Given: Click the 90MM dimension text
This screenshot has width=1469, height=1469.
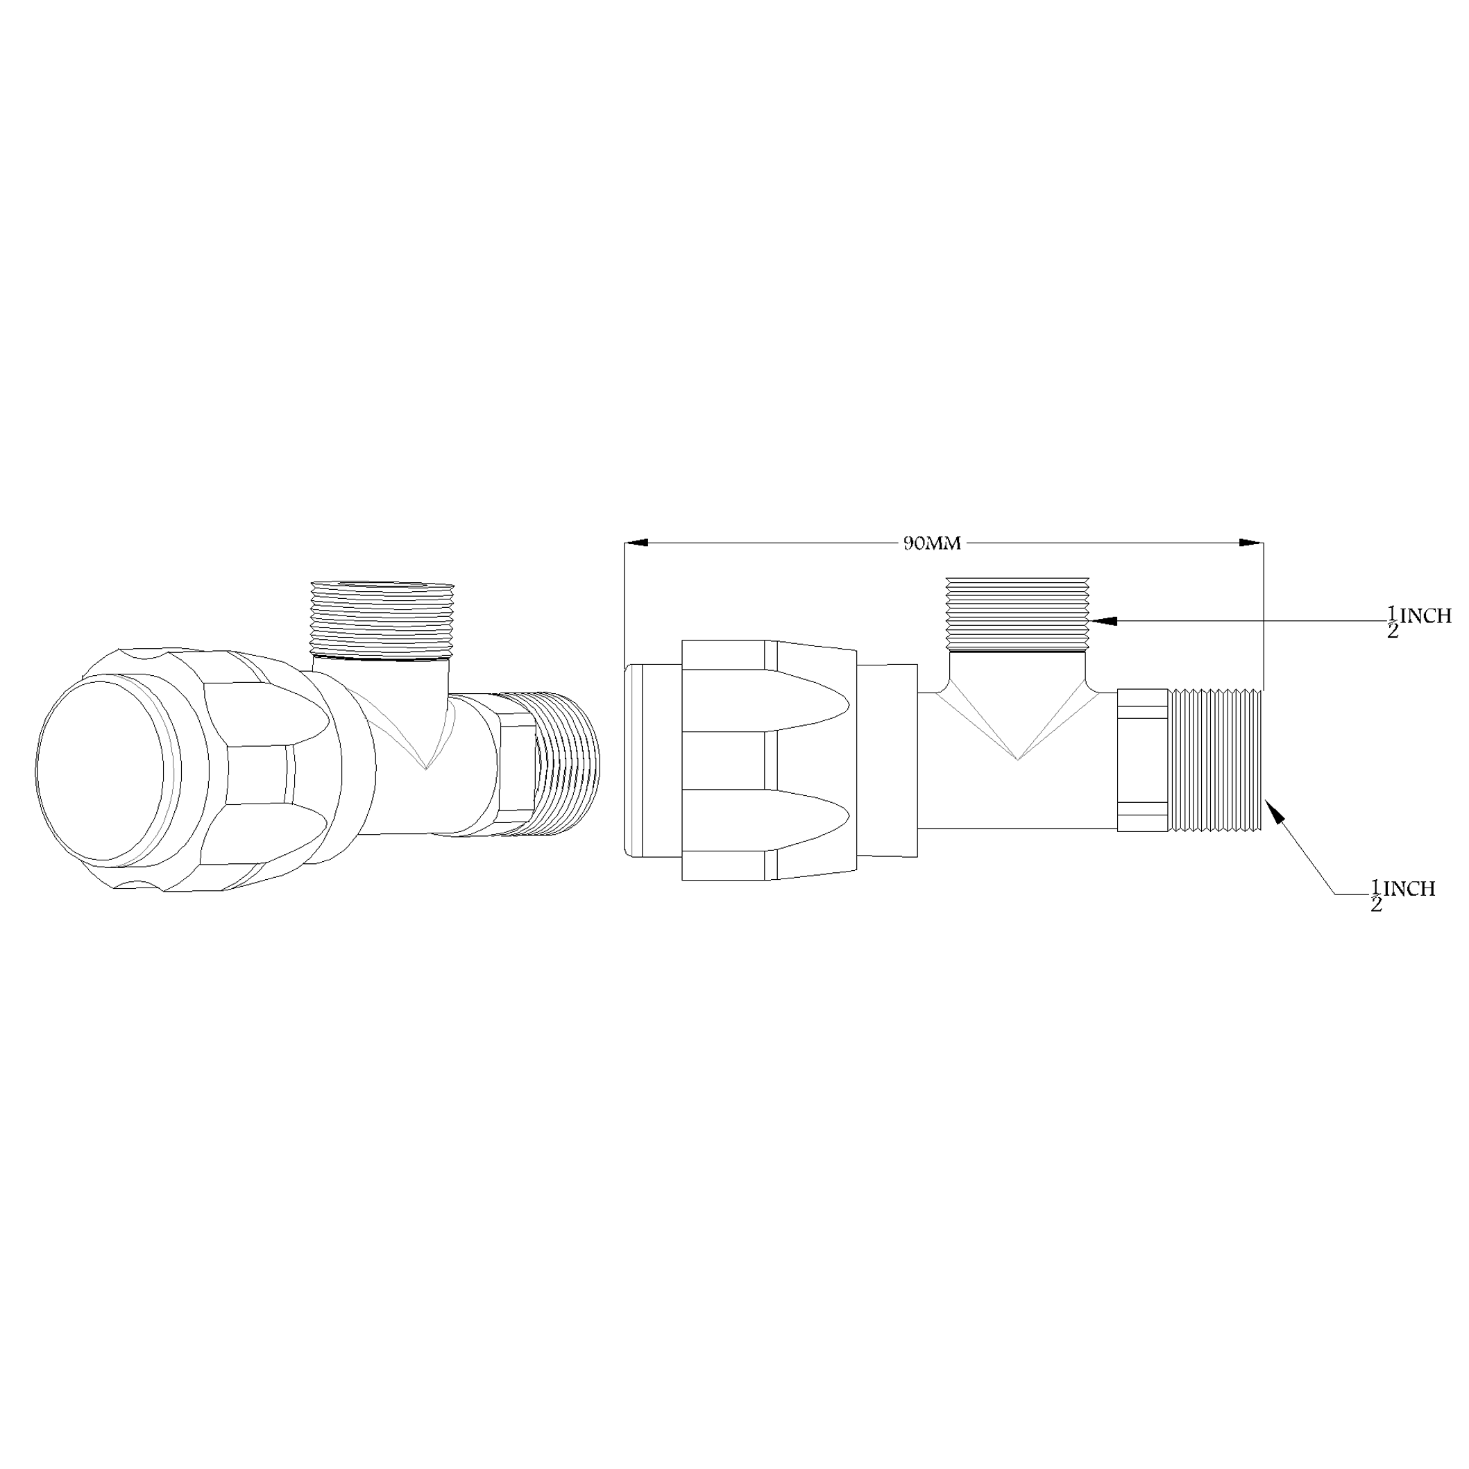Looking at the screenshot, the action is (932, 543).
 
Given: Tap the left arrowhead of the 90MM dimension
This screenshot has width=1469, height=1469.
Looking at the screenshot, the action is (636, 543).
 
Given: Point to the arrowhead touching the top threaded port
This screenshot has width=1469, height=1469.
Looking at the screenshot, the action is (1103, 620).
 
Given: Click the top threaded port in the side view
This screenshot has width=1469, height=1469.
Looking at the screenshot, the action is (1017, 613).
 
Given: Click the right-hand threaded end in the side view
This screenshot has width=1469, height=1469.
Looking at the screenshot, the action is (1215, 760).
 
